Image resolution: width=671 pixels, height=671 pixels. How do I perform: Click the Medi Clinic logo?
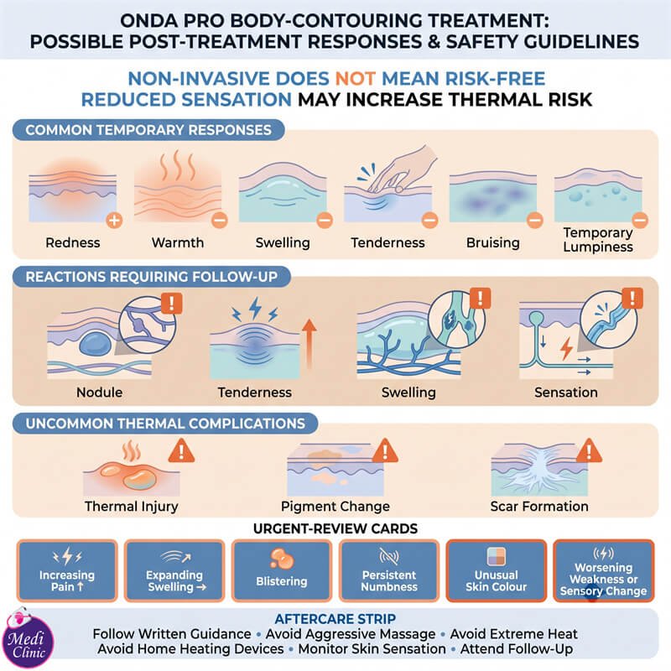click(28, 637)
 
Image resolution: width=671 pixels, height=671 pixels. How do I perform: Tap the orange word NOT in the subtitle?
click(355, 79)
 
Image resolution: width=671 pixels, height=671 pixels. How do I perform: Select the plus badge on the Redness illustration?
click(114, 221)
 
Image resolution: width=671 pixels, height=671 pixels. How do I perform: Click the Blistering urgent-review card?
click(282, 570)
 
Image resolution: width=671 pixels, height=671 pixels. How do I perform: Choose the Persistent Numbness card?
click(389, 570)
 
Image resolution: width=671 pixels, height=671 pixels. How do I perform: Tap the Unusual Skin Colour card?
click(497, 570)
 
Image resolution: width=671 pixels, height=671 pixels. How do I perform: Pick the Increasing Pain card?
click(67, 570)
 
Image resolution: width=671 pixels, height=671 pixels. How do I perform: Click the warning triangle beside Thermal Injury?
click(181, 450)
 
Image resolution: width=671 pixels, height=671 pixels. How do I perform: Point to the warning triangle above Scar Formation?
click(589, 450)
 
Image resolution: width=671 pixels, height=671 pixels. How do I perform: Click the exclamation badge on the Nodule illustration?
click(172, 304)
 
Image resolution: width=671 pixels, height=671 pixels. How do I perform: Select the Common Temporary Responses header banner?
click(148, 130)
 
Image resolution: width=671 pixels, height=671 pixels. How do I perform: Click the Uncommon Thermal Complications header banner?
click(165, 424)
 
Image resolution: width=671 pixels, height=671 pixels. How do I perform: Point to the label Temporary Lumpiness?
click(598, 240)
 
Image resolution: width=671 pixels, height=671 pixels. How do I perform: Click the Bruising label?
click(493, 242)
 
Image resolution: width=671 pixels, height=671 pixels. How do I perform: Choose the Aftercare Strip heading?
click(335, 619)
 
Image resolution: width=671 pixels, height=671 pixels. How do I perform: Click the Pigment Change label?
click(335, 507)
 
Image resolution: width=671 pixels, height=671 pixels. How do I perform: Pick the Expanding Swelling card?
click(174, 570)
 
